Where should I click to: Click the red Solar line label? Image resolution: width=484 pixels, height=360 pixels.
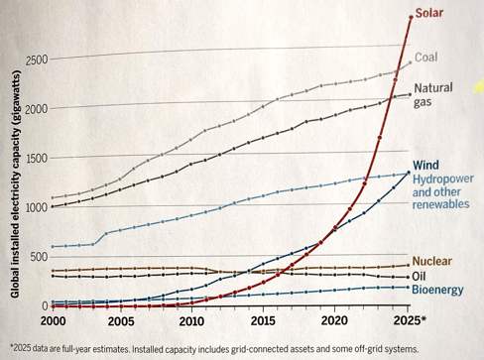pyautogui.click(x=429, y=14)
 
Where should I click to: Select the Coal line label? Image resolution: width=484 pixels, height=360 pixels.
pyautogui.click(x=425, y=58)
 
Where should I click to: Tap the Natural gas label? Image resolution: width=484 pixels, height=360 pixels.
pyautogui.click(x=432, y=95)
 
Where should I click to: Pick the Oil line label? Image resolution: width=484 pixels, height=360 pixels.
pyautogui.click(x=421, y=275)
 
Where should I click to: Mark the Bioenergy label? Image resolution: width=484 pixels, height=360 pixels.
pyautogui.click(x=437, y=289)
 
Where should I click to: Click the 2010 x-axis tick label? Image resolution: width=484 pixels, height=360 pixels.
pyautogui.click(x=190, y=321)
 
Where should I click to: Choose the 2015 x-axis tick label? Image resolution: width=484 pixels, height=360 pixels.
pyautogui.click(x=264, y=321)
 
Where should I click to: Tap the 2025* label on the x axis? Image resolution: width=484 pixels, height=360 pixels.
pyautogui.click(x=409, y=321)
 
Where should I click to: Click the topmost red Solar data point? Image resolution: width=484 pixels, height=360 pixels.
pyautogui.click(x=410, y=17)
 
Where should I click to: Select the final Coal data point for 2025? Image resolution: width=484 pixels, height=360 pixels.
pyautogui.click(x=410, y=62)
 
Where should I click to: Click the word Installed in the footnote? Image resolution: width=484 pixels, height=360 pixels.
pyautogui.click(x=184, y=346)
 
